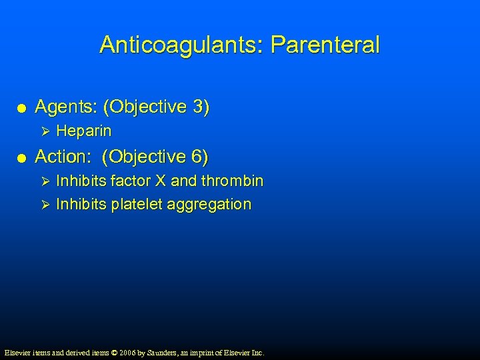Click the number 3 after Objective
click(x=199, y=107)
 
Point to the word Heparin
click(x=84, y=131)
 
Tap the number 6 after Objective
click(x=199, y=157)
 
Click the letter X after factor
click(x=161, y=181)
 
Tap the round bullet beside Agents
click(x=22, y=108)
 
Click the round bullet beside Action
click(x=22, y=158)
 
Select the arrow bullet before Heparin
click(x=46, y=131)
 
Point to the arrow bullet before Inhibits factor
click(x=46, y=181)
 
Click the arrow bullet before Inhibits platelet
click(x=46, y=204)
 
